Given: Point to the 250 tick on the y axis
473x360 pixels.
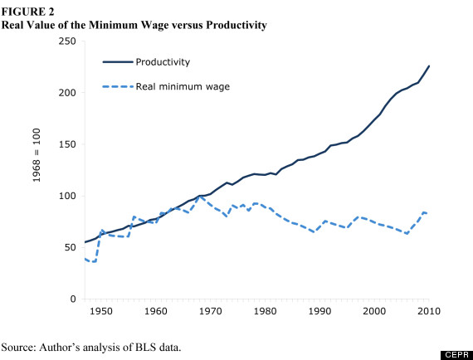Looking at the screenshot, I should [x=68, y=41].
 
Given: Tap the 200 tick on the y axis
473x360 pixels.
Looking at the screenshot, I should [x=68, y=93].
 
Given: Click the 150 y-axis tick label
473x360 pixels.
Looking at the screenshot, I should [x=68, y=144].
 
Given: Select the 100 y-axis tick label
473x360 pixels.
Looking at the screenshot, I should [x=68, y=196].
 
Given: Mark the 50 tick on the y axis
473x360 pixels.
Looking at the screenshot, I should [x=71, y=248].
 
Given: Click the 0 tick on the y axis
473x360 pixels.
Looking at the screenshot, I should [x=74, y=299].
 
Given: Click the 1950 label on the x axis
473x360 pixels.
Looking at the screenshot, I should [x=101, y=311].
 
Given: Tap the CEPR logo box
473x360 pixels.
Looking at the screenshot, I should [x=455, y=353].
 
